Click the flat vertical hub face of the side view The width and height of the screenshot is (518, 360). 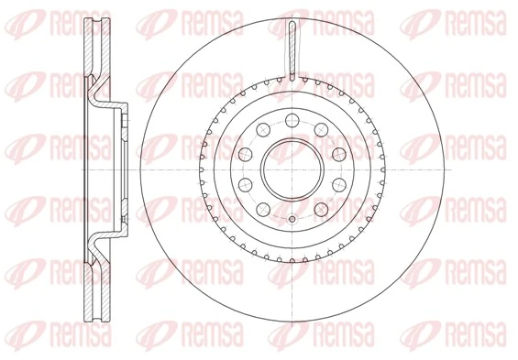(122, 169)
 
